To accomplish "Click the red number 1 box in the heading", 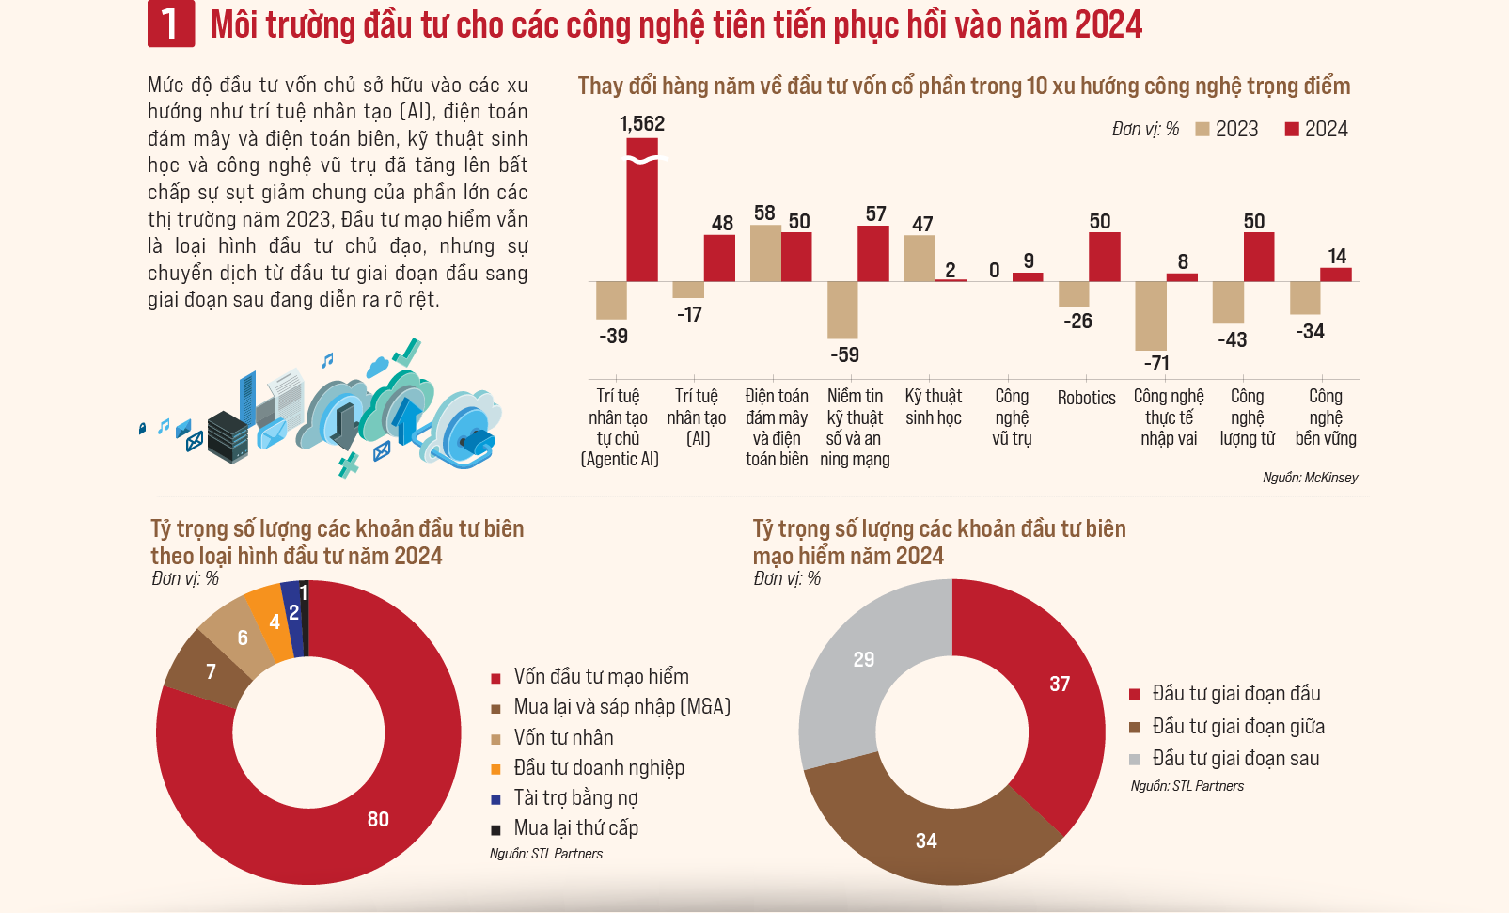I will click(x=170, y=24).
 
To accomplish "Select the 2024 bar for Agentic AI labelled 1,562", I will click(x=642, y=211).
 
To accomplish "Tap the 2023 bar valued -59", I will click(x=842, y=309).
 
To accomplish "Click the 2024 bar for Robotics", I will click(x=1104, y=257).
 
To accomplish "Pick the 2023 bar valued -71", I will click(x=1151, y=316).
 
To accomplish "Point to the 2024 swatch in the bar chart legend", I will click(x=1292, y=130).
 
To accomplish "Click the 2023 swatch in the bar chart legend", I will click(x=1202, y=130).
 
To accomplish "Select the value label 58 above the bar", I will click(x=764, y=213).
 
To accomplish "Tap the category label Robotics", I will click(x=1086, y=398).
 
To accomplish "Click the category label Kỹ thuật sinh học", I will click(x=933, y=407).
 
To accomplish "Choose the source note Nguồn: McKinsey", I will click(x=1310, y=478).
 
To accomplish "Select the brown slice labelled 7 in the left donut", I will click(x=207, y=669).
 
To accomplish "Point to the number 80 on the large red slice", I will click(x=378, y=819).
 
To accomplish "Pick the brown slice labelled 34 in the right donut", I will click(x=926, y=841).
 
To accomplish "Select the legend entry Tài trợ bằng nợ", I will click(x=574, y=798).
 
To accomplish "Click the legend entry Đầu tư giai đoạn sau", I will click(x=1234, y=759).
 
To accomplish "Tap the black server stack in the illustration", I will click(x=228, y=437).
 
